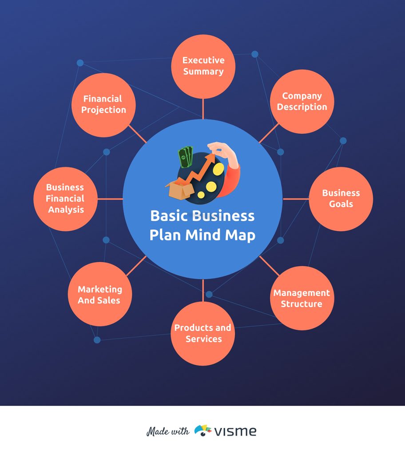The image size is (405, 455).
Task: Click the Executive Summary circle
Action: coord(203,66)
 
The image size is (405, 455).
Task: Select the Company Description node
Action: coord(302,101)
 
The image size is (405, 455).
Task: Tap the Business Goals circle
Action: coord(341,199)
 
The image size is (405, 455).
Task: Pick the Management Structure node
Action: coord(302,298)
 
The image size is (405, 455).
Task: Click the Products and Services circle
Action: coord(203,333)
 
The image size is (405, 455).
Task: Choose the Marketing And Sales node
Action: coord(99,294)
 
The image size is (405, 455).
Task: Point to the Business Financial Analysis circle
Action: coord(66,199)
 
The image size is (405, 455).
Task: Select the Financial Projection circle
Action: coord(103,105)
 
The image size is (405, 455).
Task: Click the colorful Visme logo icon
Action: coord(203,431)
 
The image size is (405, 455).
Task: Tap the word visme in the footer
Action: coord(236,431)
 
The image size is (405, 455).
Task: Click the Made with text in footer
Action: coord(168,431)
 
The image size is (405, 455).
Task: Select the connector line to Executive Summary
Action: coord(203,109)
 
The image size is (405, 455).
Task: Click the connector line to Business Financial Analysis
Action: coord(110,199)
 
